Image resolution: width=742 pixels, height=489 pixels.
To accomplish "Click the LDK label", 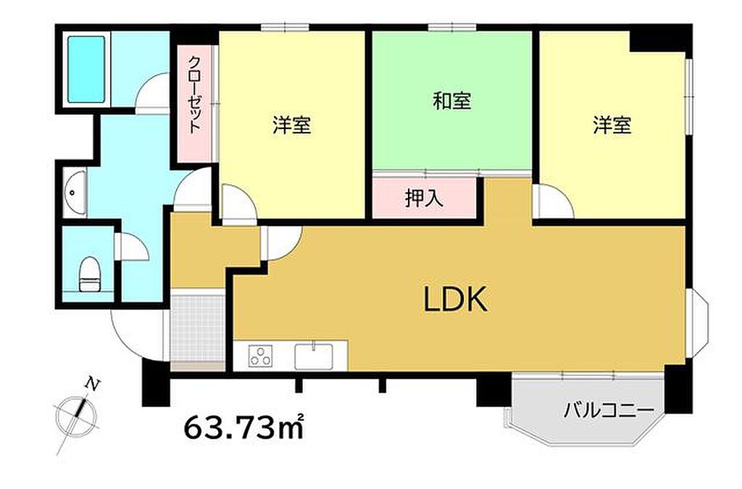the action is [455, 299].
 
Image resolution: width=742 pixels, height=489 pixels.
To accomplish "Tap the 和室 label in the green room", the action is [452, 101].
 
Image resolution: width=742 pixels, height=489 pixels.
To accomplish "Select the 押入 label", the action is [424, 198].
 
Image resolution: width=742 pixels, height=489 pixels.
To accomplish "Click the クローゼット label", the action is [194, 95].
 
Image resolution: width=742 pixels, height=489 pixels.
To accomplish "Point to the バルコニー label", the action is [608, 409].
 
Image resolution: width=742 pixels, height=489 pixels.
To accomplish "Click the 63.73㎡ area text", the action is [243, 427].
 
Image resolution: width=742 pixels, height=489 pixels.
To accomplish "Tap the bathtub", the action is [86, 69].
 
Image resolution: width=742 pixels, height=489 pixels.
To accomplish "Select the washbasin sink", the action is [75, 193].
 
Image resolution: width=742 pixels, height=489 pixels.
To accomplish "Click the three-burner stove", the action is [261, 356].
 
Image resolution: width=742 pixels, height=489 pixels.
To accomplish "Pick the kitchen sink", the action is [313, 356].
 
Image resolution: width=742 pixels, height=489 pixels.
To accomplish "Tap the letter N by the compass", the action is [93, 384].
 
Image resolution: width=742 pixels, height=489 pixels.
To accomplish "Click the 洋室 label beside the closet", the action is [291, 126].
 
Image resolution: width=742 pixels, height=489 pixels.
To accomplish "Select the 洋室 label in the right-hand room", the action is [612, 125].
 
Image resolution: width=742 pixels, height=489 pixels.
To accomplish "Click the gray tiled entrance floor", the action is [198, 328].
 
